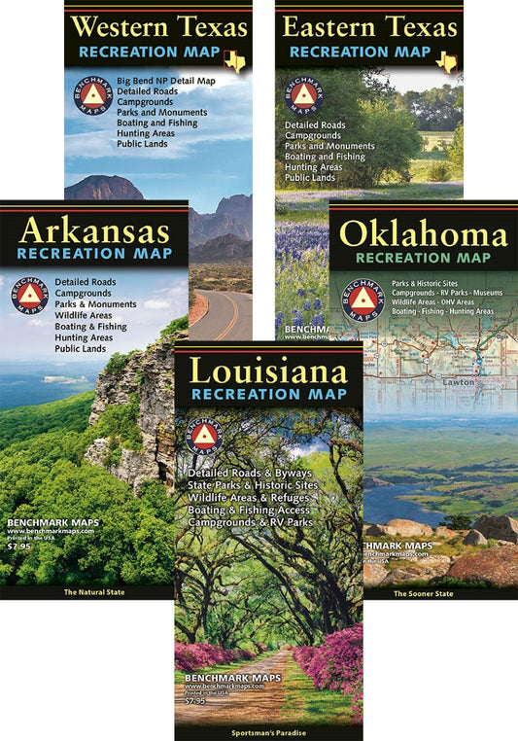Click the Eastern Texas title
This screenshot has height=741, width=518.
(368, 25)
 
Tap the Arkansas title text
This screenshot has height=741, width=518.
(93, 230)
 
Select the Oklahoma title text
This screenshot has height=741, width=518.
(423, 234)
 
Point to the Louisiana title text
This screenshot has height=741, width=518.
(267, 371)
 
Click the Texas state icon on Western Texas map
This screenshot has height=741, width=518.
(234, 61)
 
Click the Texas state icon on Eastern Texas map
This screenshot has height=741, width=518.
(446, 61)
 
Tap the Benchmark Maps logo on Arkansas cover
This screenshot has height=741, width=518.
(29, 296)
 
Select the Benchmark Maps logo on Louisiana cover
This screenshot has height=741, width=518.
(204, 435)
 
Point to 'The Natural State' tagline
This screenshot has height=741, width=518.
(94, 591)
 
